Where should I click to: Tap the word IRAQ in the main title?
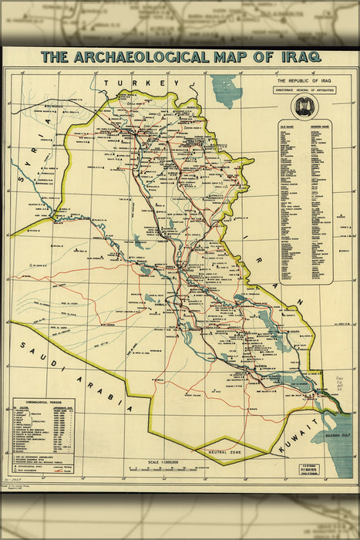coord(291,57)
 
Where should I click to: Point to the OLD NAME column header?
coord(289,123)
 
